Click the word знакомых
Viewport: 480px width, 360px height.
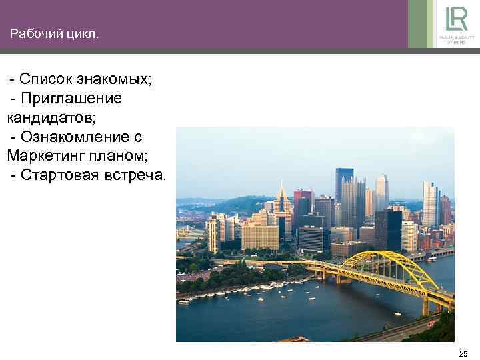point(115,80)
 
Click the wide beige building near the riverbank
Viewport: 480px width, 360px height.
point(260,237)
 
